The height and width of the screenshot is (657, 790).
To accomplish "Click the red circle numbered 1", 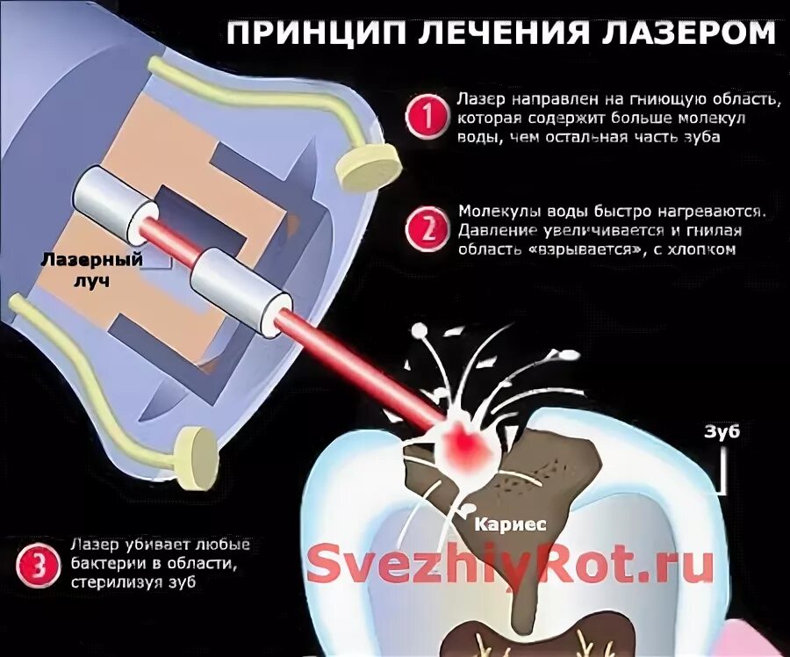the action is click(x=426, y=116).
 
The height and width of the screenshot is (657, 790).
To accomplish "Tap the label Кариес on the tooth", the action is click(x=510, y=524).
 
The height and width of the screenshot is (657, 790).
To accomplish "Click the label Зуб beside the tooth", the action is click(x=722, y=432).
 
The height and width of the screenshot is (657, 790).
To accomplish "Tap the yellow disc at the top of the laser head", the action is click(x=370, y=167).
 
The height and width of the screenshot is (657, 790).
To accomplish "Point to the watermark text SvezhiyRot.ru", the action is click(x=509, y=563).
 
